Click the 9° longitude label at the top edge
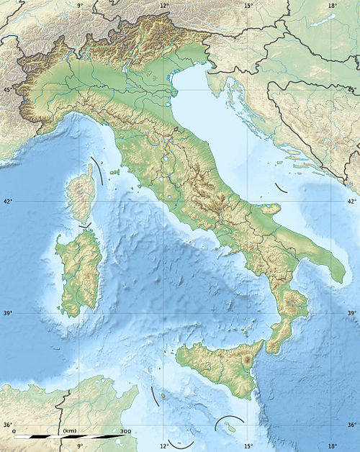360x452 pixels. [79, 5]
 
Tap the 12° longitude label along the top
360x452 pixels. [163, 5]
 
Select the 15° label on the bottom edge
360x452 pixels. [248, 446]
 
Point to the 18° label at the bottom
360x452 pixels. [332, 446]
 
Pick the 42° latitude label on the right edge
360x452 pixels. [352, 202]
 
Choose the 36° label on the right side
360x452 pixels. [352, 425]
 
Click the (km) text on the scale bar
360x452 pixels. [70, 430]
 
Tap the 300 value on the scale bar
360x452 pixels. [126, 430]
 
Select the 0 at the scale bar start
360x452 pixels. [14, 430]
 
